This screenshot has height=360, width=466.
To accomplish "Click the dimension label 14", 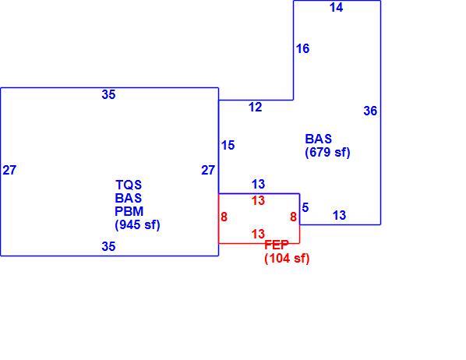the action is click(x=336, y=8).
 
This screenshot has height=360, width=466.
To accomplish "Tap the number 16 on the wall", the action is click(x=303, y=48).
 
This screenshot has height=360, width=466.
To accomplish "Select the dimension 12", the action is click(x=256, y=107).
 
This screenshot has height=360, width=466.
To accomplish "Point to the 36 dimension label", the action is click(x=370, y=111).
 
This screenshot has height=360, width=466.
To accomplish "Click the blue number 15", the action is click(x=228, y=145).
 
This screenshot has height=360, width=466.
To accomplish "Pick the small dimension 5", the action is click(x=305, y=207).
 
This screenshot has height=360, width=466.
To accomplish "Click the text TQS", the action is click(x=129, y=185).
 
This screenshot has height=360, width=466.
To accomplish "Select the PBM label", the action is click(x=129, y=211).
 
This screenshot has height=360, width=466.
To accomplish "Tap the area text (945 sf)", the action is click(x=137, y=224).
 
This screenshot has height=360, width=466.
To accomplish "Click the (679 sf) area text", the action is click(x=327, y=152).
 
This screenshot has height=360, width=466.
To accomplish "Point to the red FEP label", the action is click(x=277, y=245).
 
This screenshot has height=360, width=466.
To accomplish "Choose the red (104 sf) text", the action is click(x=287, y=258).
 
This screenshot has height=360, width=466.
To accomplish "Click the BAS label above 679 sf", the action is click(x=318, y=139).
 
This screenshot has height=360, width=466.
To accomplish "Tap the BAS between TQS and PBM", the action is click(x=129, y=198).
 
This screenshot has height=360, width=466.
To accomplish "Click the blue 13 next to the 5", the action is click(x=340, y=215).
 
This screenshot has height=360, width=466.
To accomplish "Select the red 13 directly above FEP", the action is click(x=258, y=234).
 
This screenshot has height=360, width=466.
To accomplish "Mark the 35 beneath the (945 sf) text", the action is click(x=108, y=246).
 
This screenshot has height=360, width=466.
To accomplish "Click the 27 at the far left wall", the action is click(x=9, y=170).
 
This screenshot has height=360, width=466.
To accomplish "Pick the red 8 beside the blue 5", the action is click(x=293, y=217).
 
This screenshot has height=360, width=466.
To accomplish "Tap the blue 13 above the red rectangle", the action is click(x=258, y=185).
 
